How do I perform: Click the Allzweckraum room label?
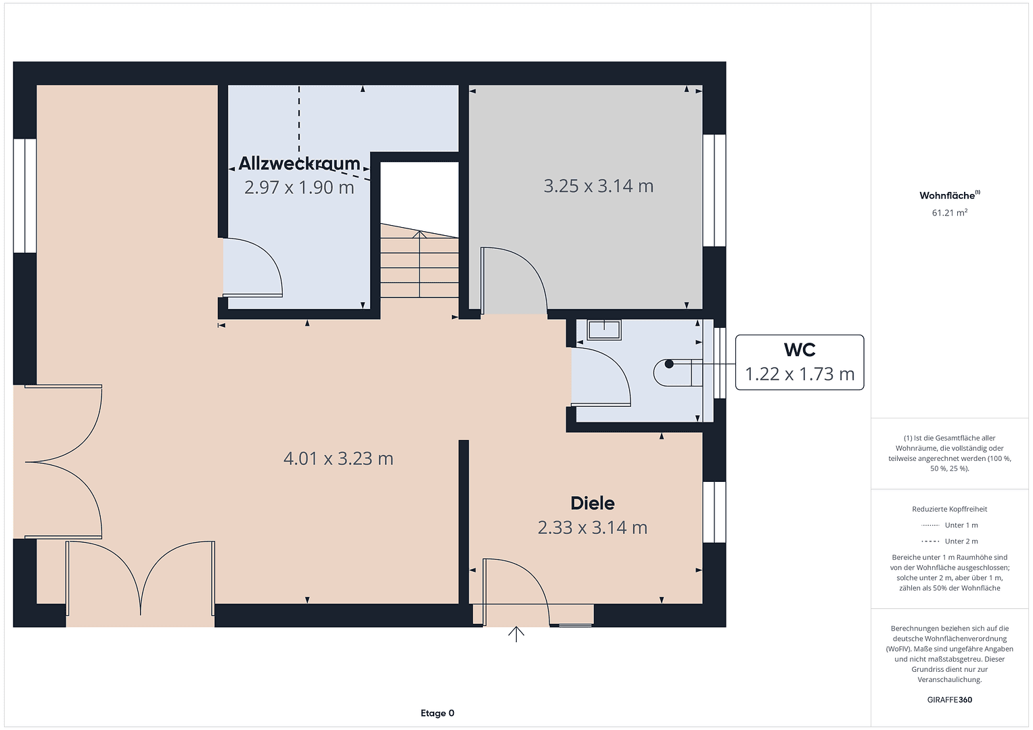[299, 164]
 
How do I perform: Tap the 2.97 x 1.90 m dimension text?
[299, 187]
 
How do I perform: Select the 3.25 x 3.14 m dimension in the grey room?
[598, 186]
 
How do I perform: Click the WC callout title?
[799, 350]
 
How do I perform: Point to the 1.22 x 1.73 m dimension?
[799, 374]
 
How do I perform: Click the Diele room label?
[593, 503]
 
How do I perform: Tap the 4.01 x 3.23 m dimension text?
[338, 458]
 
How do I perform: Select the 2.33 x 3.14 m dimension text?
[593, 527]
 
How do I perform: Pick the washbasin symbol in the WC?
[604, 330]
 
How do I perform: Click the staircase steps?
[419, 267]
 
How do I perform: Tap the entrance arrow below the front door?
[516, 634]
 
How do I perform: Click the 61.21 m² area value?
[949, 212]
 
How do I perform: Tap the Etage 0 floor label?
[437, 713]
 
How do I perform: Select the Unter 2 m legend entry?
[950, 541]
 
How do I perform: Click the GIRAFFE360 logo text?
[949, 700]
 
